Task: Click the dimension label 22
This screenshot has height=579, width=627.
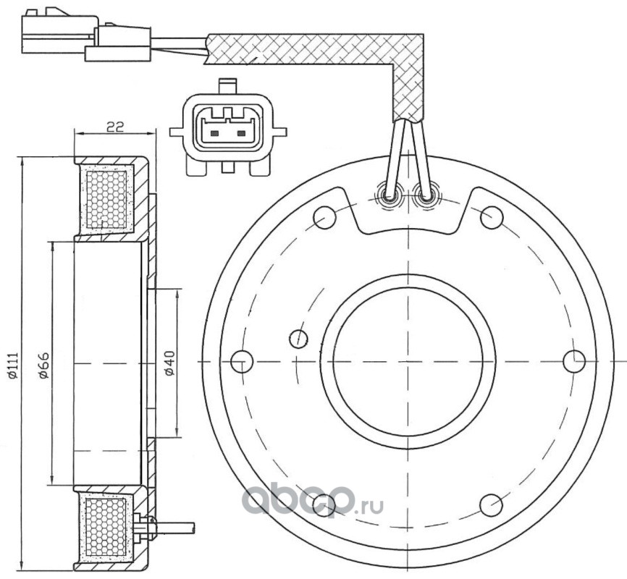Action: point(116,127)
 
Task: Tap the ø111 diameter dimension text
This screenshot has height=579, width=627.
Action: point(12,365)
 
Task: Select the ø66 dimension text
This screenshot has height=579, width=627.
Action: point(43,365)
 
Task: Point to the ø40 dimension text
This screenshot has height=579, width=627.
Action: point(170,363)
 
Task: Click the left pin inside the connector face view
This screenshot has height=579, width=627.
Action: point(214,133)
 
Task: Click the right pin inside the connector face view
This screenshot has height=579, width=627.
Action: point(241,133)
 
